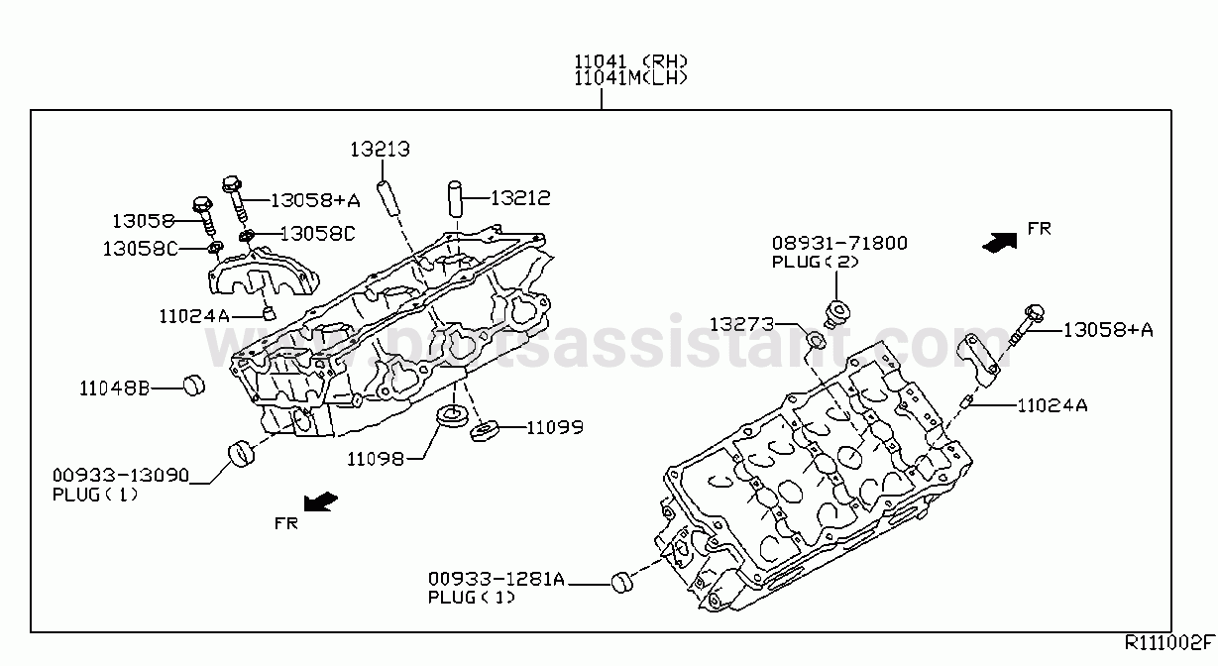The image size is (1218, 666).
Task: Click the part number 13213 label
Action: [380, 149]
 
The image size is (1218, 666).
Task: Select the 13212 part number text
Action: [520, 198]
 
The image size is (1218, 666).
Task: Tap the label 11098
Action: [376, 460]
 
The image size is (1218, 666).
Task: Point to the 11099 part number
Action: [555, 427]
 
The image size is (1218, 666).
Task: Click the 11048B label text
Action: [114, 388]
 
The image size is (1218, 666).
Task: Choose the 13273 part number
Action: [741, 324]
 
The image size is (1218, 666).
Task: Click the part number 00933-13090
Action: [121, 476]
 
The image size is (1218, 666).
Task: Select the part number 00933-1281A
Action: [497, 579]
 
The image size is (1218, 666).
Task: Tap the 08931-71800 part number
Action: [839, 243]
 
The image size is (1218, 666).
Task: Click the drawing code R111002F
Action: [1169, 642]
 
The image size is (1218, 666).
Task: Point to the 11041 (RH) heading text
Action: [630, 60]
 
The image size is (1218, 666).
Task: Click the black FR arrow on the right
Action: [1000, 243]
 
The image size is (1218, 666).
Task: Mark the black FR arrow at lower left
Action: [320, 501]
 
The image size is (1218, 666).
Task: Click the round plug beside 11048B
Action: [193, 386]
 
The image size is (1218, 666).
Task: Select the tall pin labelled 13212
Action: [455, 199]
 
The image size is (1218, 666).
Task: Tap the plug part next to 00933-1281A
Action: [622, 583]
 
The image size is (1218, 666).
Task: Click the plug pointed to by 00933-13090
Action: [241, 455]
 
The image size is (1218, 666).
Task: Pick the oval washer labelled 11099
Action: [484, 431]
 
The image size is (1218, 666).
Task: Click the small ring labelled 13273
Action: [817, 339]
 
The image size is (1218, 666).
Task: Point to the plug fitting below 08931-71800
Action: [836, 315]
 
